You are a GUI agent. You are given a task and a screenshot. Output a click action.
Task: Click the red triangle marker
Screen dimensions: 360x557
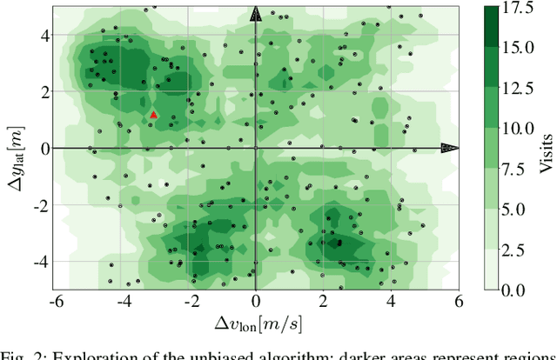click(154, 114)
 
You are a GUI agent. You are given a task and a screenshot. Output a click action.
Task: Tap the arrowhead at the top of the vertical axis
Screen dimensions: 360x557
click(255, 13)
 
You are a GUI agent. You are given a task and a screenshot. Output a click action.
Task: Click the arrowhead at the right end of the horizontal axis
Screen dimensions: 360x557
click(449, 148)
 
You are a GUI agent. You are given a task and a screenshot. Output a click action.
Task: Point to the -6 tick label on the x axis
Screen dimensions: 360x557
click(55, 301)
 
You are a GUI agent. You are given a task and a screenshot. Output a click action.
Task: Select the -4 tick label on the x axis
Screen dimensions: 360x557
click(122, 301)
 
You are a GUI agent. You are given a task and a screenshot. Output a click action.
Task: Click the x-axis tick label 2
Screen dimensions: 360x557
click(323, 301)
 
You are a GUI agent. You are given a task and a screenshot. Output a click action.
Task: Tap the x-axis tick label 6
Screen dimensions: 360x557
click(458, 301)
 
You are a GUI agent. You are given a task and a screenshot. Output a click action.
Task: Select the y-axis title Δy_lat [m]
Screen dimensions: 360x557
click(16, 148)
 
